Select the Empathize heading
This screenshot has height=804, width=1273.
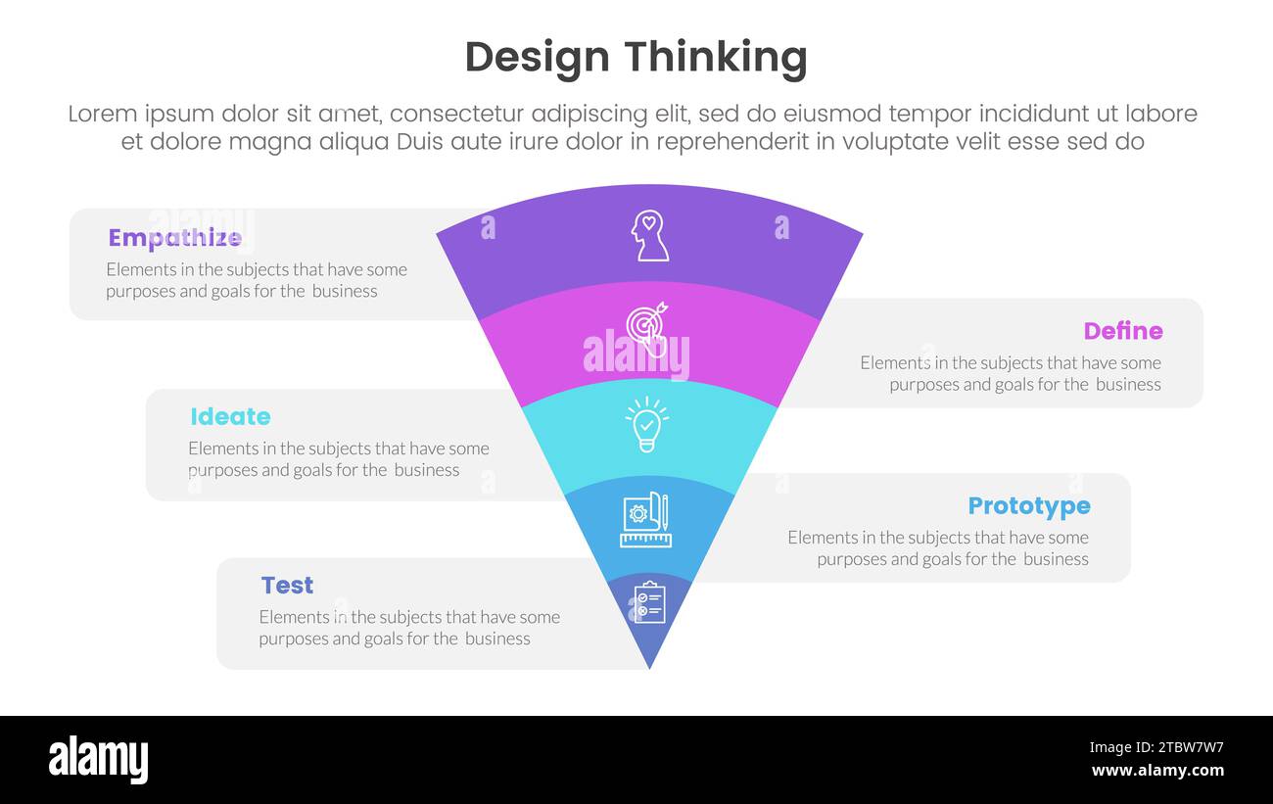174,238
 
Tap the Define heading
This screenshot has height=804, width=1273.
1122,331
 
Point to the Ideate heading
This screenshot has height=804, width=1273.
230,416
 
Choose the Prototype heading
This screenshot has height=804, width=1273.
1028,505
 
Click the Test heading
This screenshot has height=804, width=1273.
287,585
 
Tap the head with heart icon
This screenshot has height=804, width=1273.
649,236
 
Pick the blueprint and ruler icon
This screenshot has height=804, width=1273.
645,519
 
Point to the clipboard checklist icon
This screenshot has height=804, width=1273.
648,602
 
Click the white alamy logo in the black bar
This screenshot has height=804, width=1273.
98,760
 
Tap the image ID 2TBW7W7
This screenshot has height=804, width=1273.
1156,747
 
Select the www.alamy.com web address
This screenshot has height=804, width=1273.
1156,771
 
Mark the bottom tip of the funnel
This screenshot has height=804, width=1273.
649,668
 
